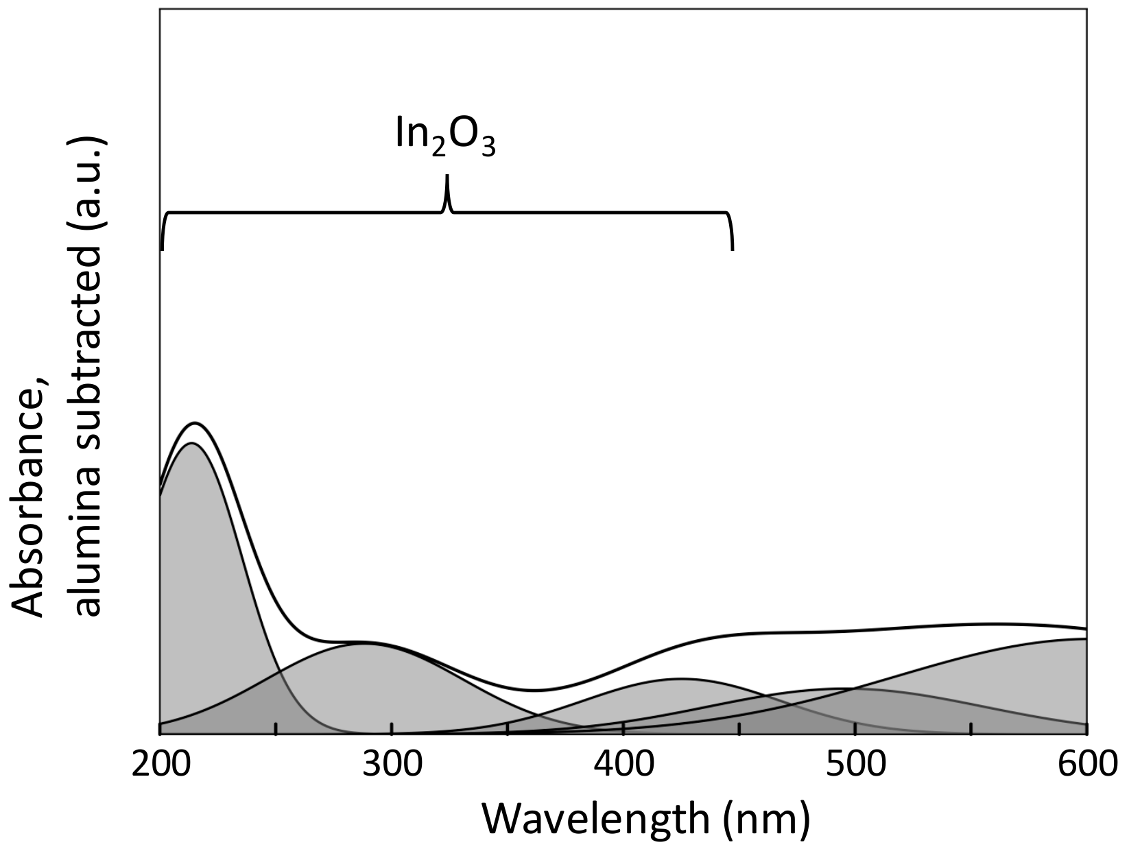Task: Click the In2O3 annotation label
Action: [445, 134]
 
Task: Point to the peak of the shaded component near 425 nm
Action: [679, 678]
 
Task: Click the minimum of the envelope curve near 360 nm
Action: [535, 690]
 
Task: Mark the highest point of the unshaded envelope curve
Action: [195, 423]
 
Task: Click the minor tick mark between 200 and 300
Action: [276, 728]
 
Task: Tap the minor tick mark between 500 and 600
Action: [971, 728]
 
